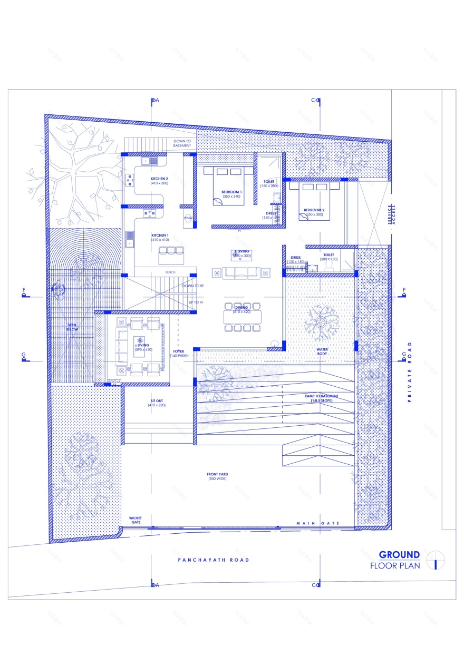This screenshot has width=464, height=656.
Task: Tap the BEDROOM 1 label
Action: click(x=231, y=192)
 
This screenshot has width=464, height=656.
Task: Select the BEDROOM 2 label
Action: click(x=313, y=210)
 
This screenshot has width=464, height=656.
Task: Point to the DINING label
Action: click(x=241, y=307)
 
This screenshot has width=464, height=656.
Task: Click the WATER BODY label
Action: click(x=322, y=351)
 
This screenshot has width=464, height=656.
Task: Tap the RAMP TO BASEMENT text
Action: click(x=321, y=396)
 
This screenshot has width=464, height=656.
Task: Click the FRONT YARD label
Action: click(x=217, y=475)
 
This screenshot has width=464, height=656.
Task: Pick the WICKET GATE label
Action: click(x=136, y=520)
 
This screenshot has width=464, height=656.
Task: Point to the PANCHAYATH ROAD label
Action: click(x=213, y=560)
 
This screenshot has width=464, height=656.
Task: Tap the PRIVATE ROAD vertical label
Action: click(x=409, y=371)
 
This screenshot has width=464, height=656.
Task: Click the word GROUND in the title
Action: click(x=399, y=554)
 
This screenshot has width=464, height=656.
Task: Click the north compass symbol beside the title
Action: click(x=436, y=560)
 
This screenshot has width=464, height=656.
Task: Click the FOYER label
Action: click(x=179, y=351)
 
